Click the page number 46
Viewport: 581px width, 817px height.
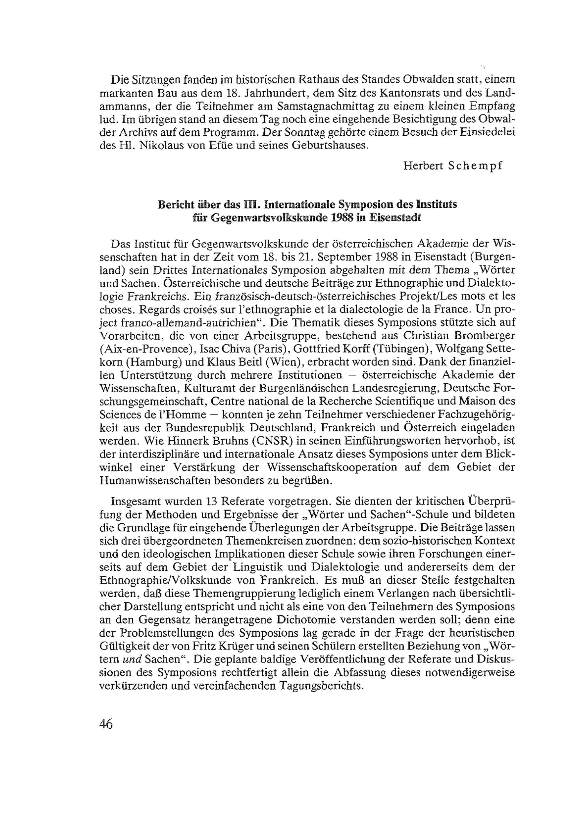click(106, 734)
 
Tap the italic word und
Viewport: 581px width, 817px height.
click(121, 660)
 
